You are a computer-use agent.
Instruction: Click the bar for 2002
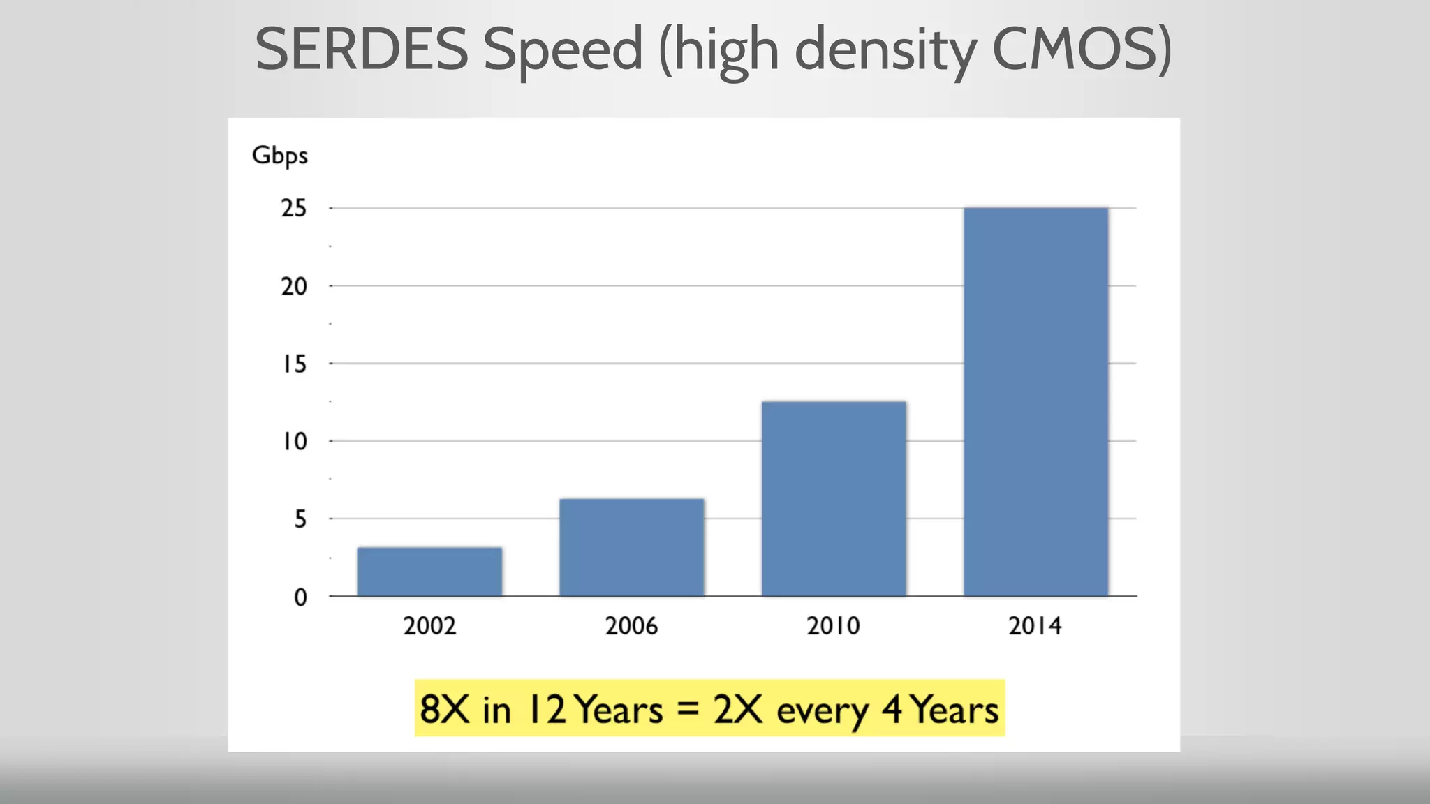(429, 572)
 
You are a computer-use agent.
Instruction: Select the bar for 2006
(631, 547)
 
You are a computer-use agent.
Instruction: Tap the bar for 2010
(834, 498)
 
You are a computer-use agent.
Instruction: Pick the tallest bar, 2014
(1035, 401)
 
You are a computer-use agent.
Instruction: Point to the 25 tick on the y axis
(294, 208)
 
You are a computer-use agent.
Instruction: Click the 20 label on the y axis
(294, 286)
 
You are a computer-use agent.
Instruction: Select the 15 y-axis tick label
(294, 364)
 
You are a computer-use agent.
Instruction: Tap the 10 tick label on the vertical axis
(294, 441)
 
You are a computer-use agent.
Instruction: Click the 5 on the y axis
(300, 519)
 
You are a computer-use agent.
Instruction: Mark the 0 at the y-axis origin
(300, 597)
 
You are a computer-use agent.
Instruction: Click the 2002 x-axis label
(429, 625)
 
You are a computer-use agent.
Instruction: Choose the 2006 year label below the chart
(631, 625)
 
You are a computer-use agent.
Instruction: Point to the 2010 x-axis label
(833, 625)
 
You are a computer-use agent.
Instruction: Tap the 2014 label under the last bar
(1035, 625)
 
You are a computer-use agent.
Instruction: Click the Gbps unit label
(279, 156)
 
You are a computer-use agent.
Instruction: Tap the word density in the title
(885, 50)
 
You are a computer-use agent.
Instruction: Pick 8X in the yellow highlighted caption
(444, 709)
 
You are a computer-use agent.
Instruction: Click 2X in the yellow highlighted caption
(737, 709)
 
